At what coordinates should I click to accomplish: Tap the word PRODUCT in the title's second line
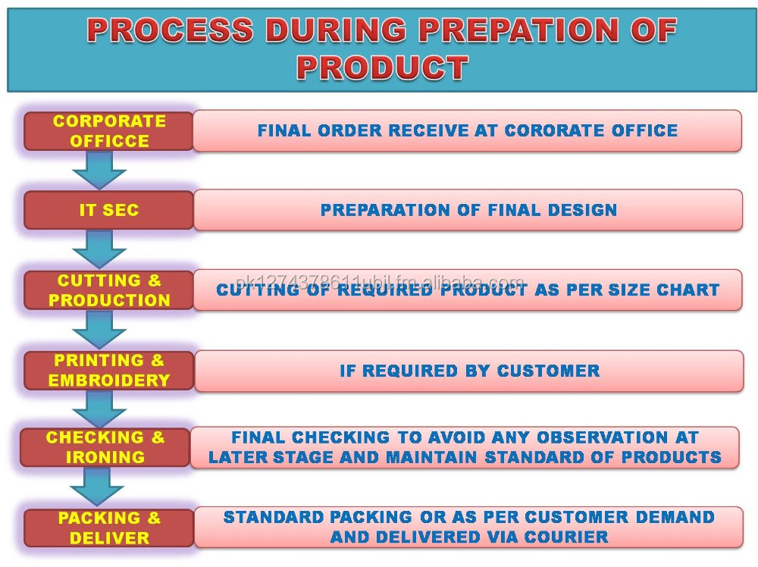382,67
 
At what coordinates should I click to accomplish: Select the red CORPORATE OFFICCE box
108,131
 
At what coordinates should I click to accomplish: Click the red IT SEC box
108,210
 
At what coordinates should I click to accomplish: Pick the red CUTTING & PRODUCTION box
108,290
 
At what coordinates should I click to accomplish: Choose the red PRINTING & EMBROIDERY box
108,370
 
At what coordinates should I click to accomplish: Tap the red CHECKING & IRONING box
105,447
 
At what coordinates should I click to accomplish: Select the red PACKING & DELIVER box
108,528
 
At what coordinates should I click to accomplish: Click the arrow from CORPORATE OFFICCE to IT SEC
99,170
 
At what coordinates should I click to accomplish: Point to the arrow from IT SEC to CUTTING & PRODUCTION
99,249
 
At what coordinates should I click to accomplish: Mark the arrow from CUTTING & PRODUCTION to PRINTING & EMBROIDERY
99,329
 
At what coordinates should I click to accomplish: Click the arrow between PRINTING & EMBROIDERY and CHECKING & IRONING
99,409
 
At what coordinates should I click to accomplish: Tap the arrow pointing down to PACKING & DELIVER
97,487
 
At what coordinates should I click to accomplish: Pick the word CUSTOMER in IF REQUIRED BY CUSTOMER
549,371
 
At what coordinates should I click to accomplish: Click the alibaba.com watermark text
380,281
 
